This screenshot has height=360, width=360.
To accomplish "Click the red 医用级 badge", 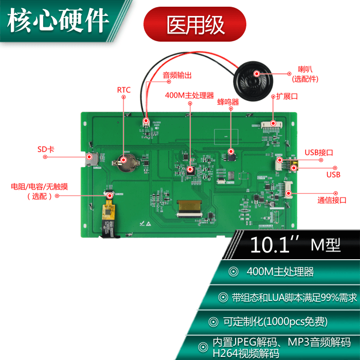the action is (x=194, y=24).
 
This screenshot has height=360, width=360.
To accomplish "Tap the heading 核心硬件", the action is (x=58, y=21).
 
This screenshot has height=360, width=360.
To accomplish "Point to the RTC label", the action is (x=123, y=90).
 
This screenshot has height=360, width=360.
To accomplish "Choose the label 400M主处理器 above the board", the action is (x=189, y=95).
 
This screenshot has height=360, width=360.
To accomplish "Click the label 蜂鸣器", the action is (x=228, y=102).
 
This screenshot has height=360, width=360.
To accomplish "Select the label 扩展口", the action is (x=287, y=96).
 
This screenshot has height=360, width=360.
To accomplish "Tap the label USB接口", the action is (x=319, y=152).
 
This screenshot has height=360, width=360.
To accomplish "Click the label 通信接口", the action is (x=332, y=200).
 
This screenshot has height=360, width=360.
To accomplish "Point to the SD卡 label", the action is (x=46, y=149).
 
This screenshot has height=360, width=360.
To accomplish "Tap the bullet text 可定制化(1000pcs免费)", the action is (x=275, y=322).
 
